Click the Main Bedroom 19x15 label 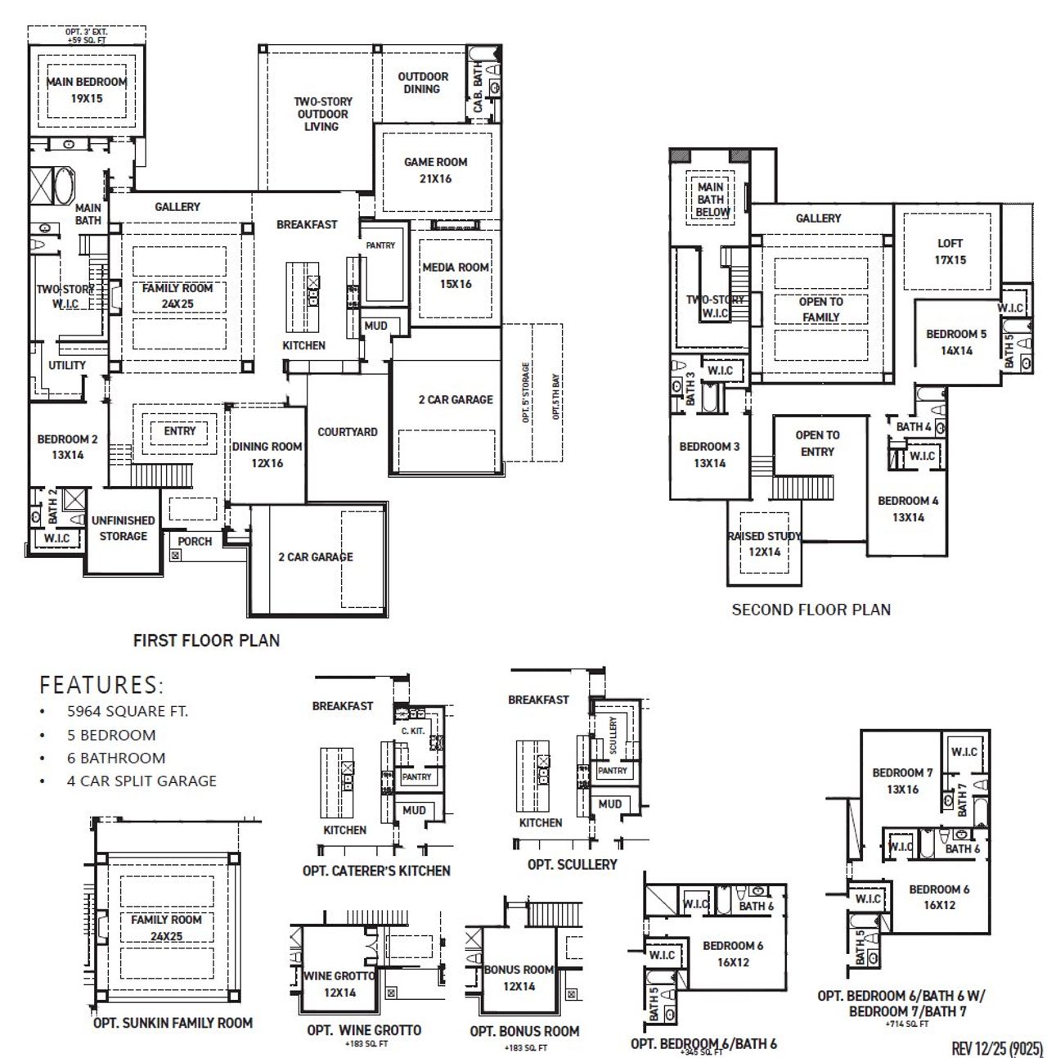pyautogui.click(x=86, y=89)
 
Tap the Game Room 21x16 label pyautogui.click(x=435, y=170)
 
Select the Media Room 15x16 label pyautogui.click(x=455, y=275)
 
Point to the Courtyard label pyautogui.click(x=348, y=432)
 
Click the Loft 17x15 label pyautogui.click(x=950, y=251)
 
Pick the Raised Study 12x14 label pyautogui.click(x=765, y=543)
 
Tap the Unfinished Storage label pyautogui.click(x=123, y=528)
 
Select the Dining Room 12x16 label pyautogui.click(x=267, y=454)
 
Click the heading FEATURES pyautogui.click(x=101, y=684)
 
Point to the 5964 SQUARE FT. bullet pyautogui.click(x=127, y=711)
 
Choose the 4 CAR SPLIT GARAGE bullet pyautogui.click(x=142, y=781)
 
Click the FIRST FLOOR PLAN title pyautogui.click(x=206, y=640)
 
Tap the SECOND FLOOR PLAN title pyautogui.click(x=811, y=609)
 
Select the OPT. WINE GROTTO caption pyautogui.click(x=364, y=1030)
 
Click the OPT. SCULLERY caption pyautogui.click(x=572, y=864)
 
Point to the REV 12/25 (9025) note pyautogui.click(x=997, y=1048)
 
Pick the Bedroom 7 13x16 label pyautogui.click(x=901, y=781)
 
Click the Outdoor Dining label pyautogui.click(x=423, y=83)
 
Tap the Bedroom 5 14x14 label pyautogui.click(x=955, y=342)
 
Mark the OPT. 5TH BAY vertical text pyautogui.click(x=555, y=397)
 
